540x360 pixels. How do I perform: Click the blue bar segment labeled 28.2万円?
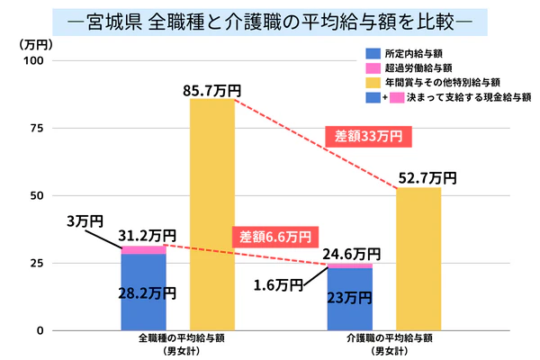coord(143,292)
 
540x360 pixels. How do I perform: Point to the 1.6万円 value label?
coord(276,285)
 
